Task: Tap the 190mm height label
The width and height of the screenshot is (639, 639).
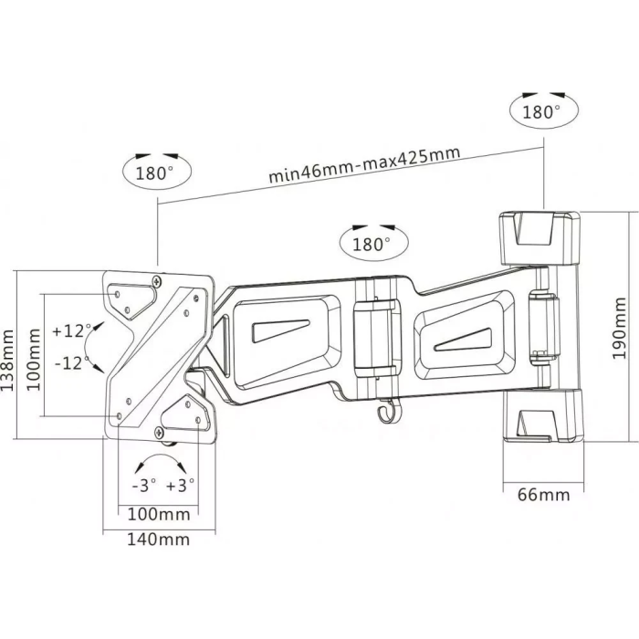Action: pyautogui.click(x=619, y=328)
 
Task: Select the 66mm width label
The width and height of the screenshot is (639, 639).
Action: pyautogui.click(x=544, y=495)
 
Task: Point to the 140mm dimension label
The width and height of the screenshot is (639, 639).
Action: pyautogui.click(x=159, y=539)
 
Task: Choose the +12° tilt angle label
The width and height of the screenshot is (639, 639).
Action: pyautogui.click(x=72, y=330)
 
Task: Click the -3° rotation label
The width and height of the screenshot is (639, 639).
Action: pyautogui.click(x=144, y=486)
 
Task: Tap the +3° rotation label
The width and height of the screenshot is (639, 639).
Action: pyautogui.click(x=181, y=486)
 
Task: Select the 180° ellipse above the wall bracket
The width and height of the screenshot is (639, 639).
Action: pyautogui.click(x=544, y=110)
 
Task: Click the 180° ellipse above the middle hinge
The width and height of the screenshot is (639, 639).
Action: pyautogui.click(x=373, y=244)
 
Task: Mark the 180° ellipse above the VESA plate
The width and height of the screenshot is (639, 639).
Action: pyautogui.click(x=157, y=173)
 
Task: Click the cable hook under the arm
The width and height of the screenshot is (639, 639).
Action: pyautogui.click(x=386, y=412)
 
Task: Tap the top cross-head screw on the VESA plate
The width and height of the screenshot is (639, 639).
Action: pyautogui.click(x=157, y=281)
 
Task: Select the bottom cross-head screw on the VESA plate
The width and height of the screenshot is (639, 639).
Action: pyautogui.click(x=159, y=432)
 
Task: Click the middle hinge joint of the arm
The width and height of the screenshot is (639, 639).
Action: pyautogui.click(x=374, y=339)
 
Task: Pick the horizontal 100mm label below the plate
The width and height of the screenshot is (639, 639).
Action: pyautogui.click(x=159, y=514)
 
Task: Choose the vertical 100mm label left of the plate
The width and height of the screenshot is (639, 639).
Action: pyautogui.click(x=34, y=360)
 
